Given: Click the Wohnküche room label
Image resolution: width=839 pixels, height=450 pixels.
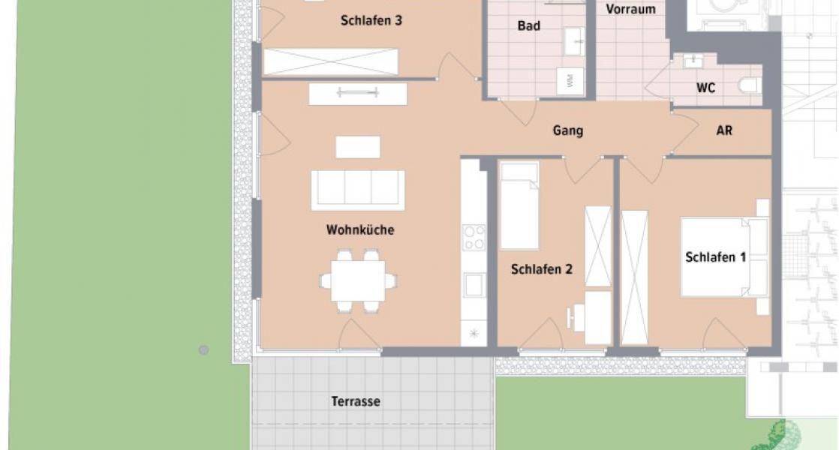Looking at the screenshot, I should coord(359,230).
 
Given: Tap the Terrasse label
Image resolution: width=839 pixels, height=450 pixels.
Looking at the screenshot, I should coord(356,402).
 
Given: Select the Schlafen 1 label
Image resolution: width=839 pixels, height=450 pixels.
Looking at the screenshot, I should coord(715,257).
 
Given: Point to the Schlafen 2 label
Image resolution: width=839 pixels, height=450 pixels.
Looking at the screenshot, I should coord(541,269).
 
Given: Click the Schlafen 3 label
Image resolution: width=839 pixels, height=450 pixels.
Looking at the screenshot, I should coord(371,21).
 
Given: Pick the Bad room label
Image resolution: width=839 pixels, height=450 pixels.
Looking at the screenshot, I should coord(528,26).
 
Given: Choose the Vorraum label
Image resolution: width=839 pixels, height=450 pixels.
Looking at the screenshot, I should coord(630,10).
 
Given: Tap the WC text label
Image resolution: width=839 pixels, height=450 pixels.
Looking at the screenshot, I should coord(705,88).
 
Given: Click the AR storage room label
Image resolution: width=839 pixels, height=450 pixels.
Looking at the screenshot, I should coord(724,130).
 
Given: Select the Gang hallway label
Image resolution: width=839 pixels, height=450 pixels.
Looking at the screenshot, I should coord(568,131).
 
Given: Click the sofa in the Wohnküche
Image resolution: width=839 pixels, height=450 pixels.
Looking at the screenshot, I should coord(358,190).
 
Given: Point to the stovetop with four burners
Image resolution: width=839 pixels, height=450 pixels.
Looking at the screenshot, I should coord(474,237).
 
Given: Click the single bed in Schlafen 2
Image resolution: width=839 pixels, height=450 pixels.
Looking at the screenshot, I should coord(519,205).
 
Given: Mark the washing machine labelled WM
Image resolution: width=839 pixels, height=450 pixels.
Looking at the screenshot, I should coord(570,81).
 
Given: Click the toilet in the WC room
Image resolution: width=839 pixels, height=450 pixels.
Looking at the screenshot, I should coord(749,85).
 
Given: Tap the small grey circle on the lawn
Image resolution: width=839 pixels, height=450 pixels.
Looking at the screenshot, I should coord(203,349).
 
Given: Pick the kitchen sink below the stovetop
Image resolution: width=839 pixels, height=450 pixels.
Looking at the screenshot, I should coord(474,285).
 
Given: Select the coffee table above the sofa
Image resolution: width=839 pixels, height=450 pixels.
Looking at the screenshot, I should coord(358,147).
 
